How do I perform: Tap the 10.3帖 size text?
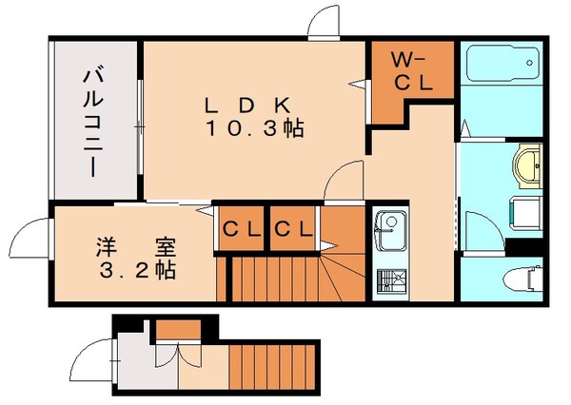253,128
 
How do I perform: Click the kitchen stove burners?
388,281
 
